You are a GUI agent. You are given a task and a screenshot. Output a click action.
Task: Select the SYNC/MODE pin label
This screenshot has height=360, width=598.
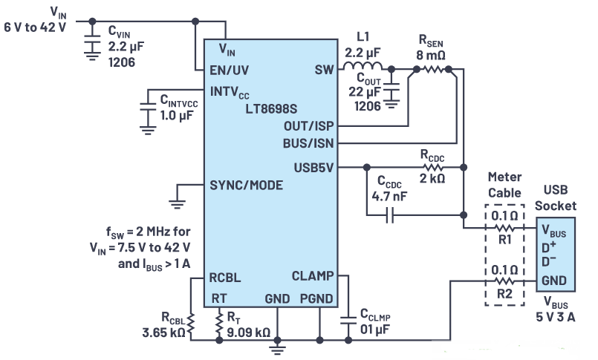[x=247, y=185]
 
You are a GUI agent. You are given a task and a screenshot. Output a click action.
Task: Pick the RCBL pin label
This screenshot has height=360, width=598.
[x=227, y=278]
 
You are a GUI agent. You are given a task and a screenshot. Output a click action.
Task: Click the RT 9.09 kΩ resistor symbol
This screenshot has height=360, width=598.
[x=220, y=322]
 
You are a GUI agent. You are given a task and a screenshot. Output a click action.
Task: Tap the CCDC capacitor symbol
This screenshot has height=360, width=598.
[x=391, y=216]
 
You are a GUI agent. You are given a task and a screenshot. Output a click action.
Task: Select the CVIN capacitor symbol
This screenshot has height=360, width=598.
[x=91, y=42]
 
